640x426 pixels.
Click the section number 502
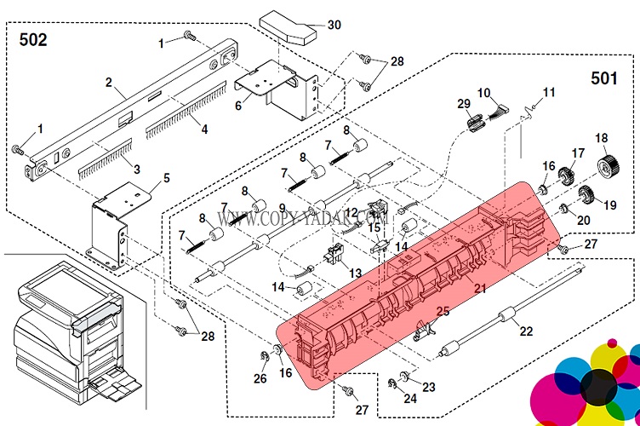click(x=30, y=39)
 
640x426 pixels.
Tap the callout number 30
click(x=334, y=25)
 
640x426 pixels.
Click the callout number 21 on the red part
click(x=480, y=289)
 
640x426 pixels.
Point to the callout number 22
click(x=527, y=331)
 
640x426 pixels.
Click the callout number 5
click(x=166, y=178)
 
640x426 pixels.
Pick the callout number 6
click(x=237, y=105)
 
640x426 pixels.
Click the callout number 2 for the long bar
click(x=109, y=83)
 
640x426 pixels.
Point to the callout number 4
click(x=203, y=130)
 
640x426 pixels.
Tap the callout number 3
click(x=136, y=170)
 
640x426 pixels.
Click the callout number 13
click(x=355, y=273)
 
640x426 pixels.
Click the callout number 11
click(x=548, y=91)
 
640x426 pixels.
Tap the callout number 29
click(x=463, y=103)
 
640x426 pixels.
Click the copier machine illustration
click(x=68, y=332)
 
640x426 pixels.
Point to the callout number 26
click(x=260, y=379)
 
